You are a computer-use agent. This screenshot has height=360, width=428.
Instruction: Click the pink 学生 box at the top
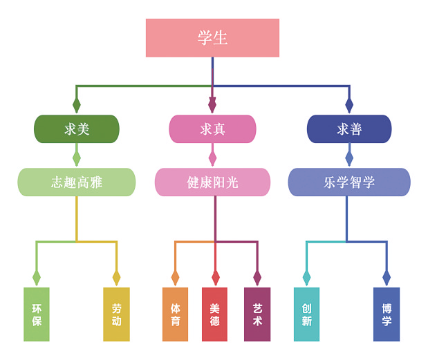coord(212,38)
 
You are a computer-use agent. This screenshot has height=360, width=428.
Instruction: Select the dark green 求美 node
coord(77,129)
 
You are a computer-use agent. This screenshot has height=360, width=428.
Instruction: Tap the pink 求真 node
coord(212,129)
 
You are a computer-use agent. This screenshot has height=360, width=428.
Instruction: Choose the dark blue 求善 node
coord(349,129)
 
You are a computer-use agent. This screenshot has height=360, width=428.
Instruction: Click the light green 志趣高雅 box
coord(77,182)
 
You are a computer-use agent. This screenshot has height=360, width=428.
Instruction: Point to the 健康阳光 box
coord(212,182)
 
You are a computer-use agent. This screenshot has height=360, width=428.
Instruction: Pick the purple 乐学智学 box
coord(349,182)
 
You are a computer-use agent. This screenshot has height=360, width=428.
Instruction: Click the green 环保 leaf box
coord(37,314)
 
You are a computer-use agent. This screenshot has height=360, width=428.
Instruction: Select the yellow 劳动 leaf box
coord(116,314)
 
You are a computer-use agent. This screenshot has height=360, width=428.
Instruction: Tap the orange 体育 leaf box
coord(175,314)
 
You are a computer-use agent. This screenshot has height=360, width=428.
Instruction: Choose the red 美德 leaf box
coord(214,314)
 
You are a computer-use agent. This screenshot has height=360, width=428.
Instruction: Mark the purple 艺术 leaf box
coord(257,314)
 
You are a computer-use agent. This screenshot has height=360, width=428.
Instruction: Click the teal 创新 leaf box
coord(306,314)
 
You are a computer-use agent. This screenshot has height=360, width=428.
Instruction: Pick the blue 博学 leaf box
coord(387,314)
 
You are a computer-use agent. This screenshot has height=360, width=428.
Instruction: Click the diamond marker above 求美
coord(77,105)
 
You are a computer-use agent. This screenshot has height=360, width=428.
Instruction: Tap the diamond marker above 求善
coord(349,105)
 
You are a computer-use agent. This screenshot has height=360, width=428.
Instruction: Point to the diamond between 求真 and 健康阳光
coord(212,158)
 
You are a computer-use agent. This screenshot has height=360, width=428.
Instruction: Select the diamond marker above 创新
coord(306,278)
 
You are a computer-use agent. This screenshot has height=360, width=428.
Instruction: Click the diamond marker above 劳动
coord(116,278)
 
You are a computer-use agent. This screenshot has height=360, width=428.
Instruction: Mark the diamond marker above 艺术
coord(257,278)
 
